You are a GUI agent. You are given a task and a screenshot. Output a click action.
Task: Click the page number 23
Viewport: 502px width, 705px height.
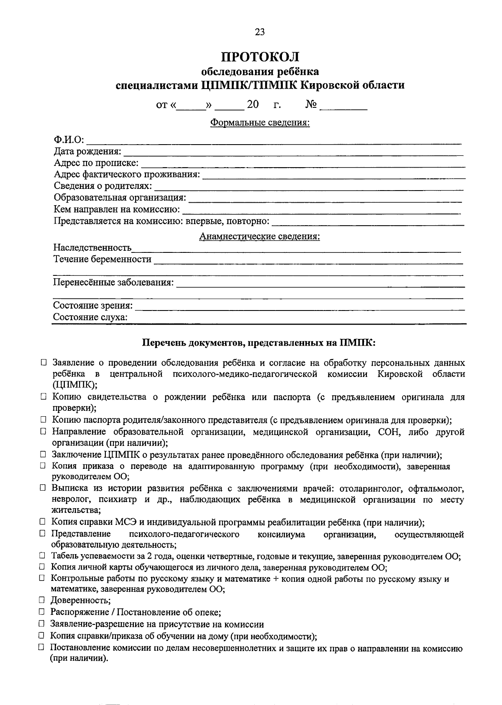[x=259, y=32]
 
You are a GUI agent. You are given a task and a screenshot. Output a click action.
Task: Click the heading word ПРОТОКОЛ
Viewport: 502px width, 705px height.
[x=260, y=56]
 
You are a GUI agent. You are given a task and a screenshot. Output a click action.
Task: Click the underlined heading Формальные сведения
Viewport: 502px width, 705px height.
[x=260, y=123]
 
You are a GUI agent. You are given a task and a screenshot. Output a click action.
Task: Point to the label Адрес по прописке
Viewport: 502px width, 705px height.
[x=96, y=163]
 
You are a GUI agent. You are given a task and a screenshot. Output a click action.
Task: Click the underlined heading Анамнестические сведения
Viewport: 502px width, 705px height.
[x=259, y=237]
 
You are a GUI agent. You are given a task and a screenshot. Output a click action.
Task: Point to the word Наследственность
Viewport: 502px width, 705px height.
[x=92, y=248]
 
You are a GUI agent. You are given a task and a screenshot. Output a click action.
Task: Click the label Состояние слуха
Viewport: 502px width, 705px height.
[x=90, y=317]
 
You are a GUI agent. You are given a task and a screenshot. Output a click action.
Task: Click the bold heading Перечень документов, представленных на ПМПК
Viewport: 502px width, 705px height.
[x=259, y=343]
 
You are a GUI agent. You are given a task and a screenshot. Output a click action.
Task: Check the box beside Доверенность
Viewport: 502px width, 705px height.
[x=42, y=601]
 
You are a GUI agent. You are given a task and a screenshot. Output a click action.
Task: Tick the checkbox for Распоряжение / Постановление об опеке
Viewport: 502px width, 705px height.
[x=42, y=612]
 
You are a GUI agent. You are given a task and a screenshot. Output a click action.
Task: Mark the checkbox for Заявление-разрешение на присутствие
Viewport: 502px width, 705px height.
[x=42, y=624]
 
